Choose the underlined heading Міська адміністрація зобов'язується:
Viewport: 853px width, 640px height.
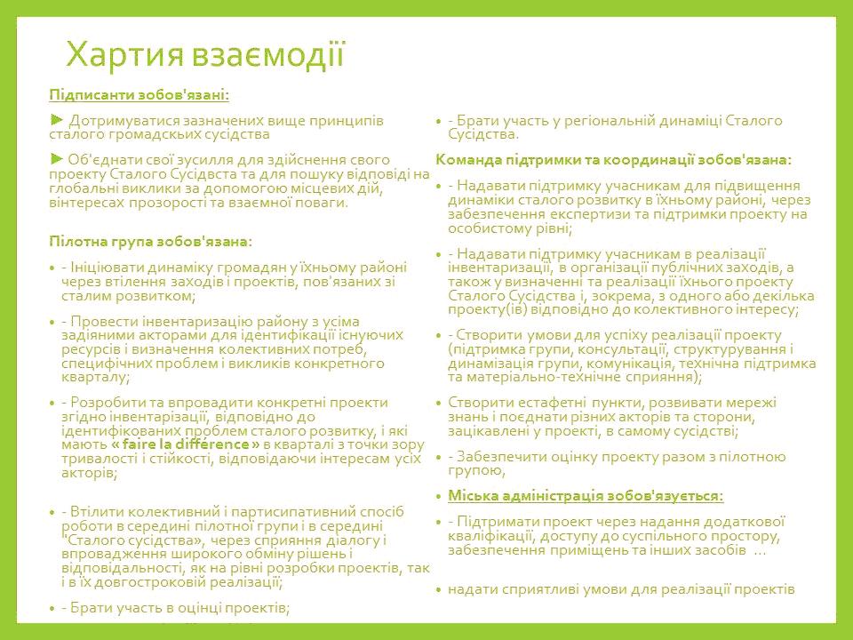point(586,495)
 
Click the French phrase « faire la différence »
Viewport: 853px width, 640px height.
point(185,444)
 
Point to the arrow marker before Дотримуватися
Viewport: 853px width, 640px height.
point(56,118)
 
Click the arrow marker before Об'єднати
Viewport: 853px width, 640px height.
point(56,159)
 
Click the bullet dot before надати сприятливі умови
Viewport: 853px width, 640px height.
point(439,589)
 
